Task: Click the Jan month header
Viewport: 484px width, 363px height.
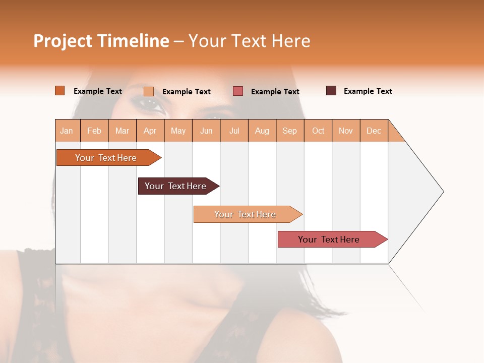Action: coord(67,131)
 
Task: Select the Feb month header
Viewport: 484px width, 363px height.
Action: coord(94,131)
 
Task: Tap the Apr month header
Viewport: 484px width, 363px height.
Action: coord(150,131)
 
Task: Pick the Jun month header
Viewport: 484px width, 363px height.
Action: coord(206,131)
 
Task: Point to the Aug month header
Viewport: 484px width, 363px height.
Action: coord(262,131)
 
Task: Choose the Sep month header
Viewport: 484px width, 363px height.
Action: coord(289,131)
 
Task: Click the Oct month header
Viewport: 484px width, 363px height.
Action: coord(318,131)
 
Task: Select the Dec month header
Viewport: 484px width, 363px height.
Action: coord(374,131)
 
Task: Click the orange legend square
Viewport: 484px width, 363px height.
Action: coord(59,91)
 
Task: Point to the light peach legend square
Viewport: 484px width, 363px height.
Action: coord(148,91)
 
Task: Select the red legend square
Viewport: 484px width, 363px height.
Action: coord(238,91)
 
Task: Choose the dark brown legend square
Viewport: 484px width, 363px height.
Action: coord(331,91)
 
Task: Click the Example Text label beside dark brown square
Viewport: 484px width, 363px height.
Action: coord(368,91)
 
